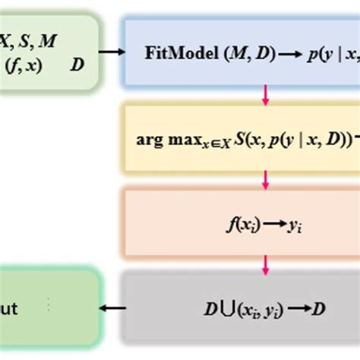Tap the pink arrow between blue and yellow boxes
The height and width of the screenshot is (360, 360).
[x=266, y=93]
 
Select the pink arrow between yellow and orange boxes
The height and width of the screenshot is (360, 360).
[x=266, y=179]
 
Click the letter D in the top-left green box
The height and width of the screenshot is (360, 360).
[x=77, y=65]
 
